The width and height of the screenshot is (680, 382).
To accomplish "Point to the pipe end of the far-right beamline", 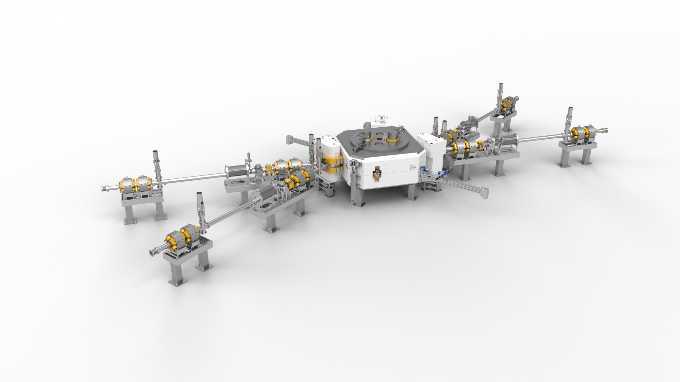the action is (606, 130).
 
